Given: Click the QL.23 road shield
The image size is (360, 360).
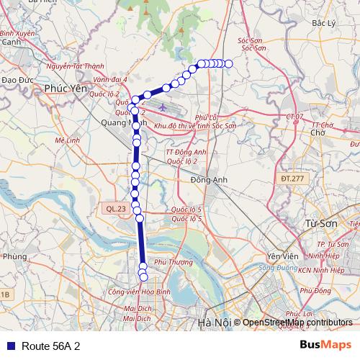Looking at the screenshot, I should click(x=114, y=208).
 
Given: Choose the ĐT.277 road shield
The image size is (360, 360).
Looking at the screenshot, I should click(x=292, y=177).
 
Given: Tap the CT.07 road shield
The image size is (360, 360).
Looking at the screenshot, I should click(x=294, y=116).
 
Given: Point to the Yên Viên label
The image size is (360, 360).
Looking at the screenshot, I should click(x=282, y=257).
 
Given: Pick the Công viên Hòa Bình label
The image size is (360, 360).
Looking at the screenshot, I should click(x=138, y=292).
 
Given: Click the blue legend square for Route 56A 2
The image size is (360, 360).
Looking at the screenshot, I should click(x=9, y=346).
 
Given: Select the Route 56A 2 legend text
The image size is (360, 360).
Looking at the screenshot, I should click(x=50, y=346).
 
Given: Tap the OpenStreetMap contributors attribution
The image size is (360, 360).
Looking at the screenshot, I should click(x=297, y=323).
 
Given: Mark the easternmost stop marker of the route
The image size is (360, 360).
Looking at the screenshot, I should click(x=229, y=64).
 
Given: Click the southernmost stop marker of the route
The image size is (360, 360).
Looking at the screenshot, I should click(x=143, y=276).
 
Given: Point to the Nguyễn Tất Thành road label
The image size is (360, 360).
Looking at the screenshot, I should click(x=74, y=66).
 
